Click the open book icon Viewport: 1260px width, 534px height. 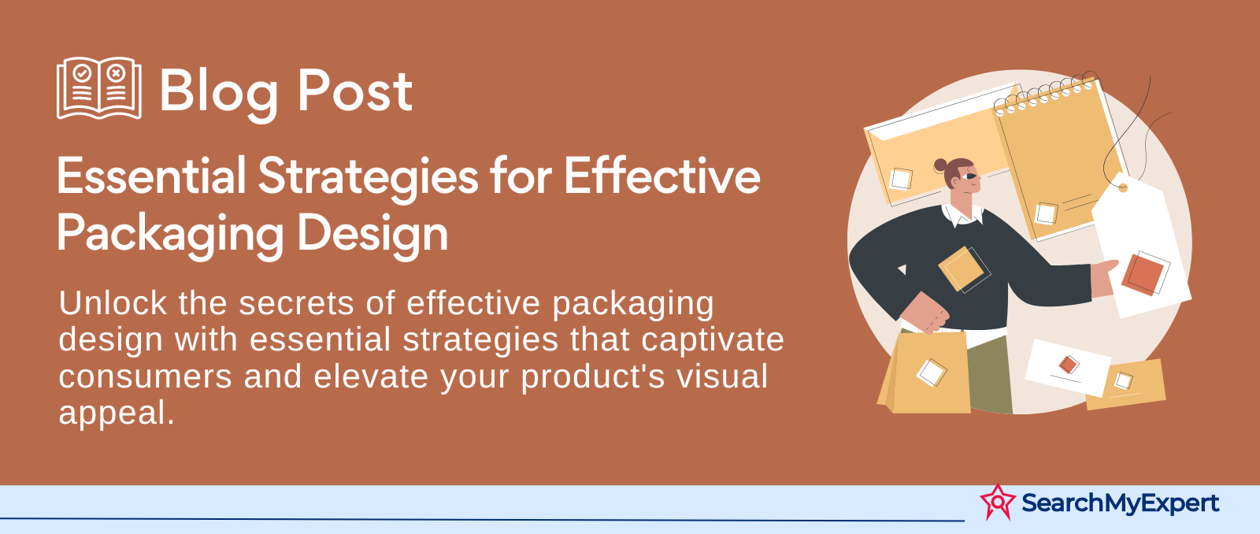pos(99,87)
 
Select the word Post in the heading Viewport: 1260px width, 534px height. pos(355,90)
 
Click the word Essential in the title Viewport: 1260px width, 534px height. pos(151,176)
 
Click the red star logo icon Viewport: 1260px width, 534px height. pos(998,502)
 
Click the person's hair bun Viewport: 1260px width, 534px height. pos(940,165)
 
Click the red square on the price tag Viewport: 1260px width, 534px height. pos(1143,274)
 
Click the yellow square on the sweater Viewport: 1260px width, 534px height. pos(960,269)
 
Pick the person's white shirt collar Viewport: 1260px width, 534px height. pos(962,216)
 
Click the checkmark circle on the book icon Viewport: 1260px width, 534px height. pos(83,73)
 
